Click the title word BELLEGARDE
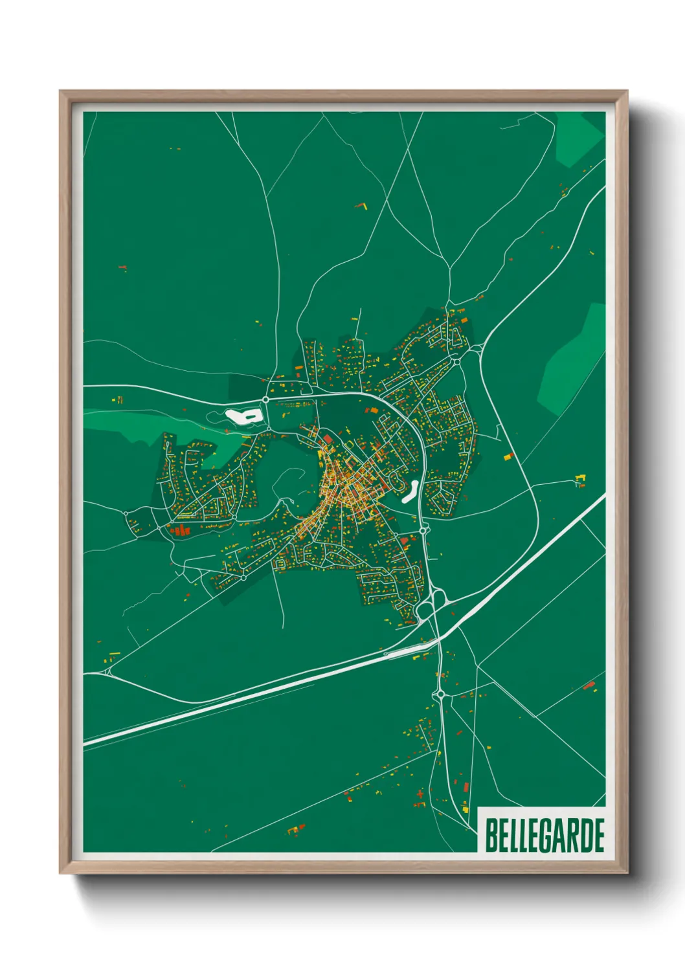click(x=544, y=836)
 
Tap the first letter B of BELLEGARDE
click(x=490, y=836)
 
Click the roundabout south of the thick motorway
click(x=441, y=695)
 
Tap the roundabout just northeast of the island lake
click(x=265, y=400)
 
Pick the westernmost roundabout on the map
click(x=126, y=513)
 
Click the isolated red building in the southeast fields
click(x=589, y=685)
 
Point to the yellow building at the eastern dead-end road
click(x=580, y=479)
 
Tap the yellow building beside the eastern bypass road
click(x=508, y=456)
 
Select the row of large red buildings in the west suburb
click(x=181, y=531)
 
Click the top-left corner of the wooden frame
click(x=61, y=92)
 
